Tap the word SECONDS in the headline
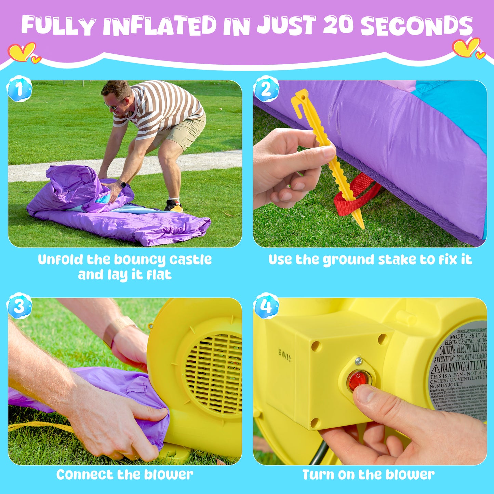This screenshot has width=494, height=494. (416, 26)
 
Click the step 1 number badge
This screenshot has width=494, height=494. (19, 89)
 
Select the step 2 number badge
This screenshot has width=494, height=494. (266, 89)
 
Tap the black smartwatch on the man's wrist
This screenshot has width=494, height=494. (122, 185)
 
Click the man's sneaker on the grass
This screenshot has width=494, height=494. (173, 206)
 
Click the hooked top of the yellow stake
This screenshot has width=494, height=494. (300, 99)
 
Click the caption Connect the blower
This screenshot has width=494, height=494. (125, 475)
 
